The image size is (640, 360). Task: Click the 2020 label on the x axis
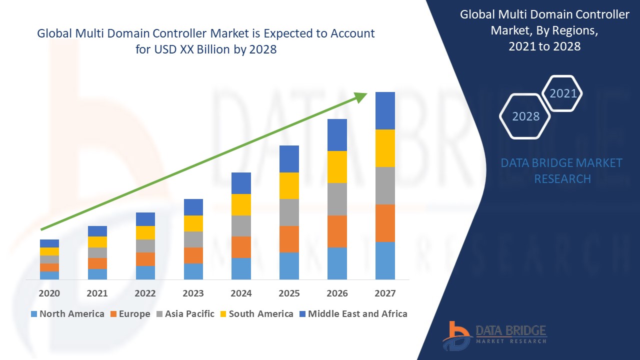click(49, 293)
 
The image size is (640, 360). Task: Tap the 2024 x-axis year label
click(241, 293)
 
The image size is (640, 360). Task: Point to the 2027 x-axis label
click(385, 293)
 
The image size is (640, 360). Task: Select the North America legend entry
click(67, 314)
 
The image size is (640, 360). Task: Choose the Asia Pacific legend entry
click(185, 314)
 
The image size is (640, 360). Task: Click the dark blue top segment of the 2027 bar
click(385, 110)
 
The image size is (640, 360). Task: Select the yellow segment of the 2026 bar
click(337, 167)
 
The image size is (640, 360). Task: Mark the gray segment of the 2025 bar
click(289, 212)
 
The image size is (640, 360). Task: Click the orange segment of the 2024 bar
click(241, 247)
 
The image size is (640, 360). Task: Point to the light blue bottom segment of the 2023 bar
click(193, 271)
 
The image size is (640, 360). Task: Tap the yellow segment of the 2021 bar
click(97, 242)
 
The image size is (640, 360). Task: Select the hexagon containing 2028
click(525, 116)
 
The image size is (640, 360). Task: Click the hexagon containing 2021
click(562, 93)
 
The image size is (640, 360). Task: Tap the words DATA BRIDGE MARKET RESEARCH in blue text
click(562, 170)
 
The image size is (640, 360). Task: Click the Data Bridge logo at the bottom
click(494, 334)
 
